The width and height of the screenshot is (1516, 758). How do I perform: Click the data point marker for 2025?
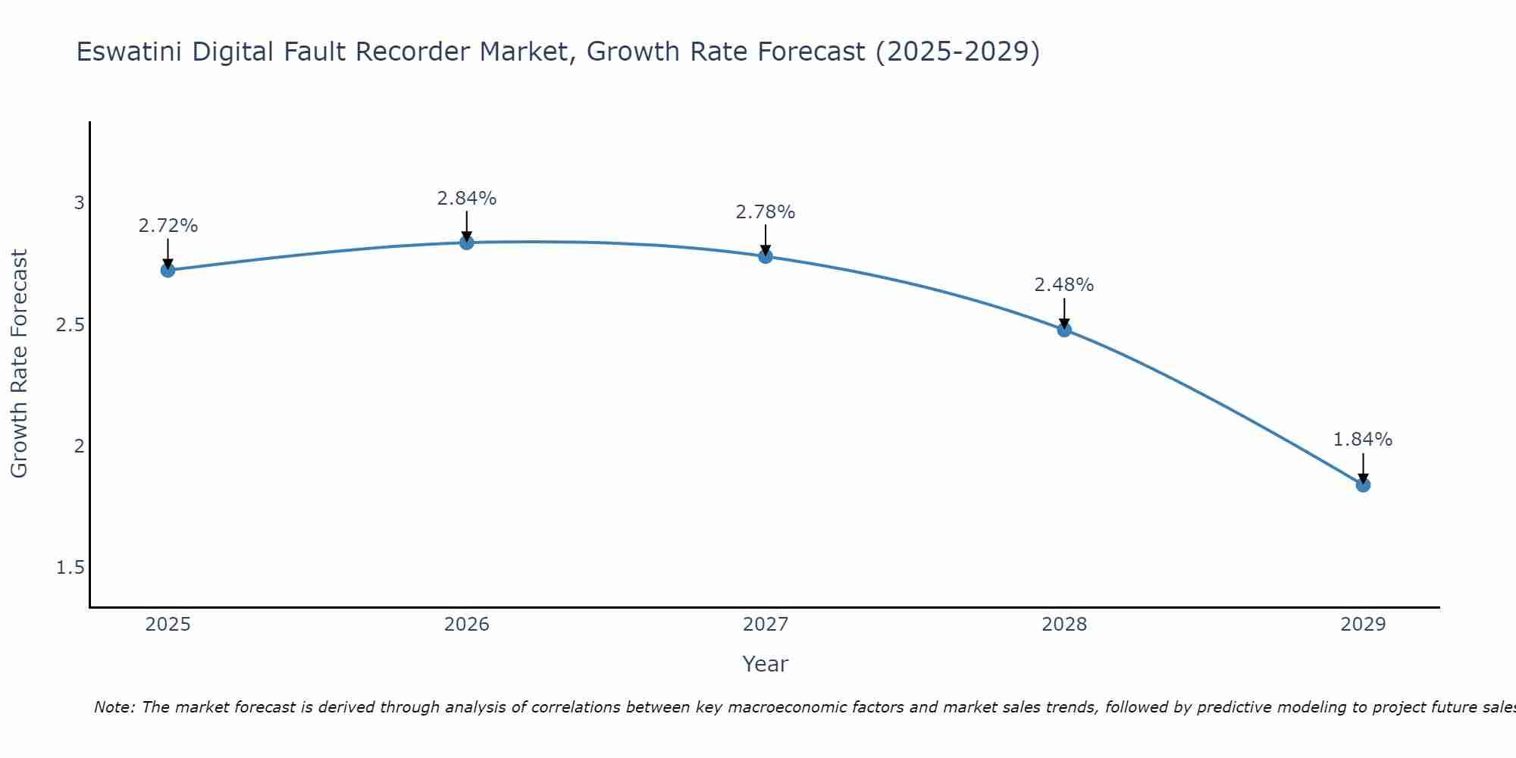[x=168, y=270]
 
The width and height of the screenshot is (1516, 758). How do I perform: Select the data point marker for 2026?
[x=466, y=243]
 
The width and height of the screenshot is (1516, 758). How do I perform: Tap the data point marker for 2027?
[x=765, y=256]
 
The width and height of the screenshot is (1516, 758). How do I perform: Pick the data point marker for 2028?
[x=1063, y=330]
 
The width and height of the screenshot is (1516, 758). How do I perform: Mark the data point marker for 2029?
[x=1362, y=485]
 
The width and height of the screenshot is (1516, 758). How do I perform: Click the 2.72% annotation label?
[x=168, y=226]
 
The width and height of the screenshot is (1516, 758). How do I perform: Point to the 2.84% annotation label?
[x=466, y=199]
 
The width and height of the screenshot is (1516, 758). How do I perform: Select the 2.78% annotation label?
[x=765, y=212]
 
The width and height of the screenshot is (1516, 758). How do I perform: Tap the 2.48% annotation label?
[x=1063, y=285]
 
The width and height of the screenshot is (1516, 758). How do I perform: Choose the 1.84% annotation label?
[x=1362, y=440]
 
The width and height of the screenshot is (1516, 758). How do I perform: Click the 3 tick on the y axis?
[x=79, y=203]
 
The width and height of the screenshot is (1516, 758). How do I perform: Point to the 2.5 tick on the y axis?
[x=70, y=325]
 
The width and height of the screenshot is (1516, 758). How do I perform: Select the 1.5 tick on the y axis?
[x=70, y=568]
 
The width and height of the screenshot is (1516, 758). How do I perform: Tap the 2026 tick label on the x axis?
[x=466, y=625]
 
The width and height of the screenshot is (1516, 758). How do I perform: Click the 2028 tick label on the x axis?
[x=1063, y=625]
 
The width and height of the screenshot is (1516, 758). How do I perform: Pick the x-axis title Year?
[x=765, y=664]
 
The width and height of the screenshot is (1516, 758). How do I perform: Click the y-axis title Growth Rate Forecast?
[x=19, y=364]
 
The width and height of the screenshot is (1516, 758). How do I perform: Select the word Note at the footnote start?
[x=114, y=707]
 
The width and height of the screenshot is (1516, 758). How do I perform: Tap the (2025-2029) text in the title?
[x=957, y=52]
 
